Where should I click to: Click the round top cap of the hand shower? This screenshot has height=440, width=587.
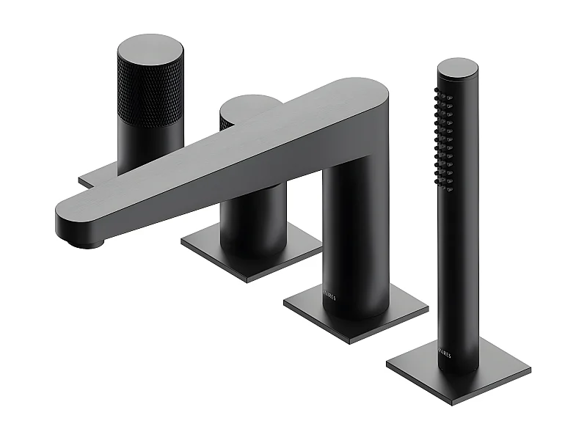tap(458, 67)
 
